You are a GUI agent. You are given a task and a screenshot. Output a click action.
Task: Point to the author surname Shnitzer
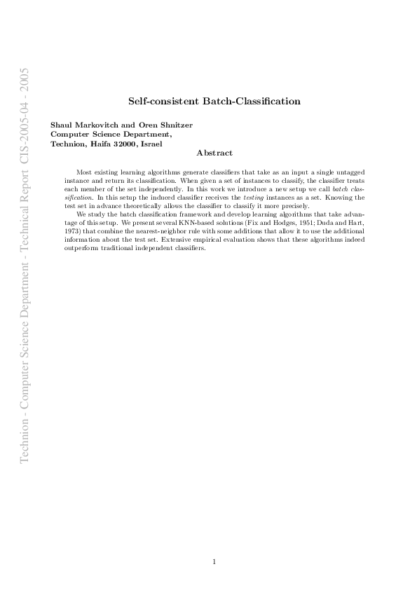click(x=175, y=125)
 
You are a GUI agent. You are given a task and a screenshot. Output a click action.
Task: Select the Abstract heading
click(x=214, y=153)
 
